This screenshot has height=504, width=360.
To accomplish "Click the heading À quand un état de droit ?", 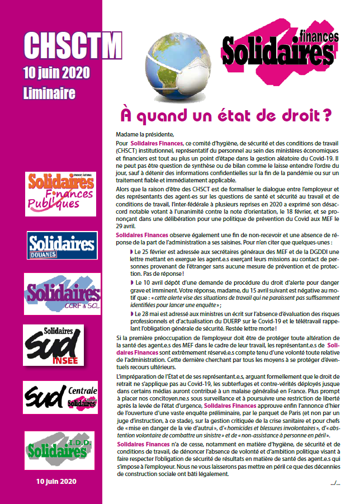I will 226,116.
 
